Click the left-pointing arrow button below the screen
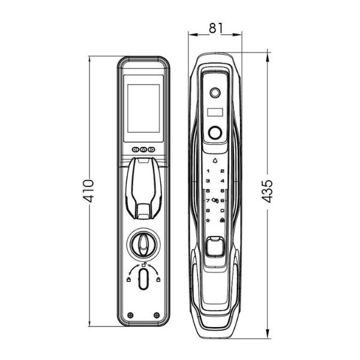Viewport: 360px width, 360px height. click(135, 150)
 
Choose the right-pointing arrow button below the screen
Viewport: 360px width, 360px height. click(152, 150)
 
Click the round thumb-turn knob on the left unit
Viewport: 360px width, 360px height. click(144, 244)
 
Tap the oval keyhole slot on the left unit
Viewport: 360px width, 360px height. click(144, 280)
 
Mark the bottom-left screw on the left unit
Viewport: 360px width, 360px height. click(130, 315)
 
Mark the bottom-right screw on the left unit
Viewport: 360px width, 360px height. click(157, 315)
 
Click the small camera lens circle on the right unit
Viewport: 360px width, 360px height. click(215, 94)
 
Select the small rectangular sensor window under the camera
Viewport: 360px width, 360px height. click(215, 112)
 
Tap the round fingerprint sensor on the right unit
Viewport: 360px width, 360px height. click(215, 132)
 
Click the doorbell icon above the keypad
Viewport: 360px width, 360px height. click(215, 161)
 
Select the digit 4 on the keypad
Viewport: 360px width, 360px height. click(222, 181)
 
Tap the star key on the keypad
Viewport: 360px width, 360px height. click(208, 220)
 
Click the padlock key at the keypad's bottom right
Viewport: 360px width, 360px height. click(222, 220)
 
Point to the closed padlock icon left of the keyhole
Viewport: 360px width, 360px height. click(128, 278)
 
